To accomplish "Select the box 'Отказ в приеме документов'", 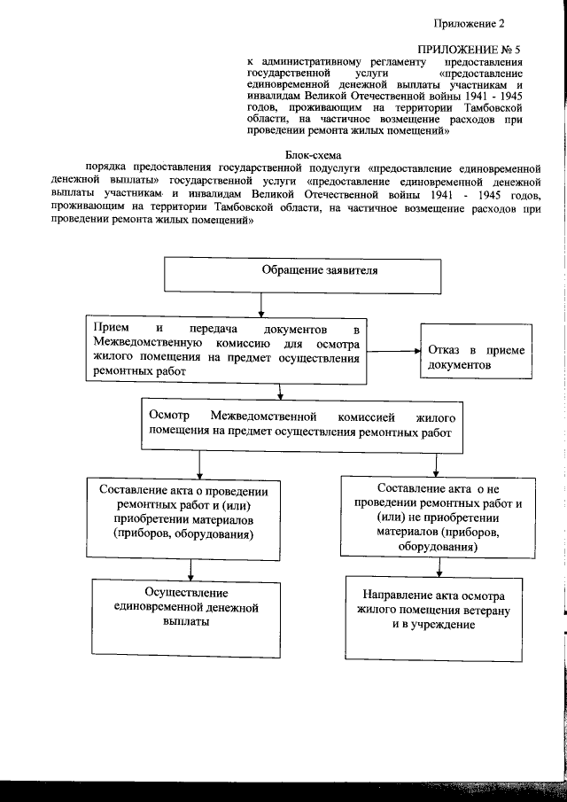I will coord(477,357).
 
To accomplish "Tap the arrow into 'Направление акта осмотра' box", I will coord(435,570).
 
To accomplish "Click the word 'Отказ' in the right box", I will coord(447,350).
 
